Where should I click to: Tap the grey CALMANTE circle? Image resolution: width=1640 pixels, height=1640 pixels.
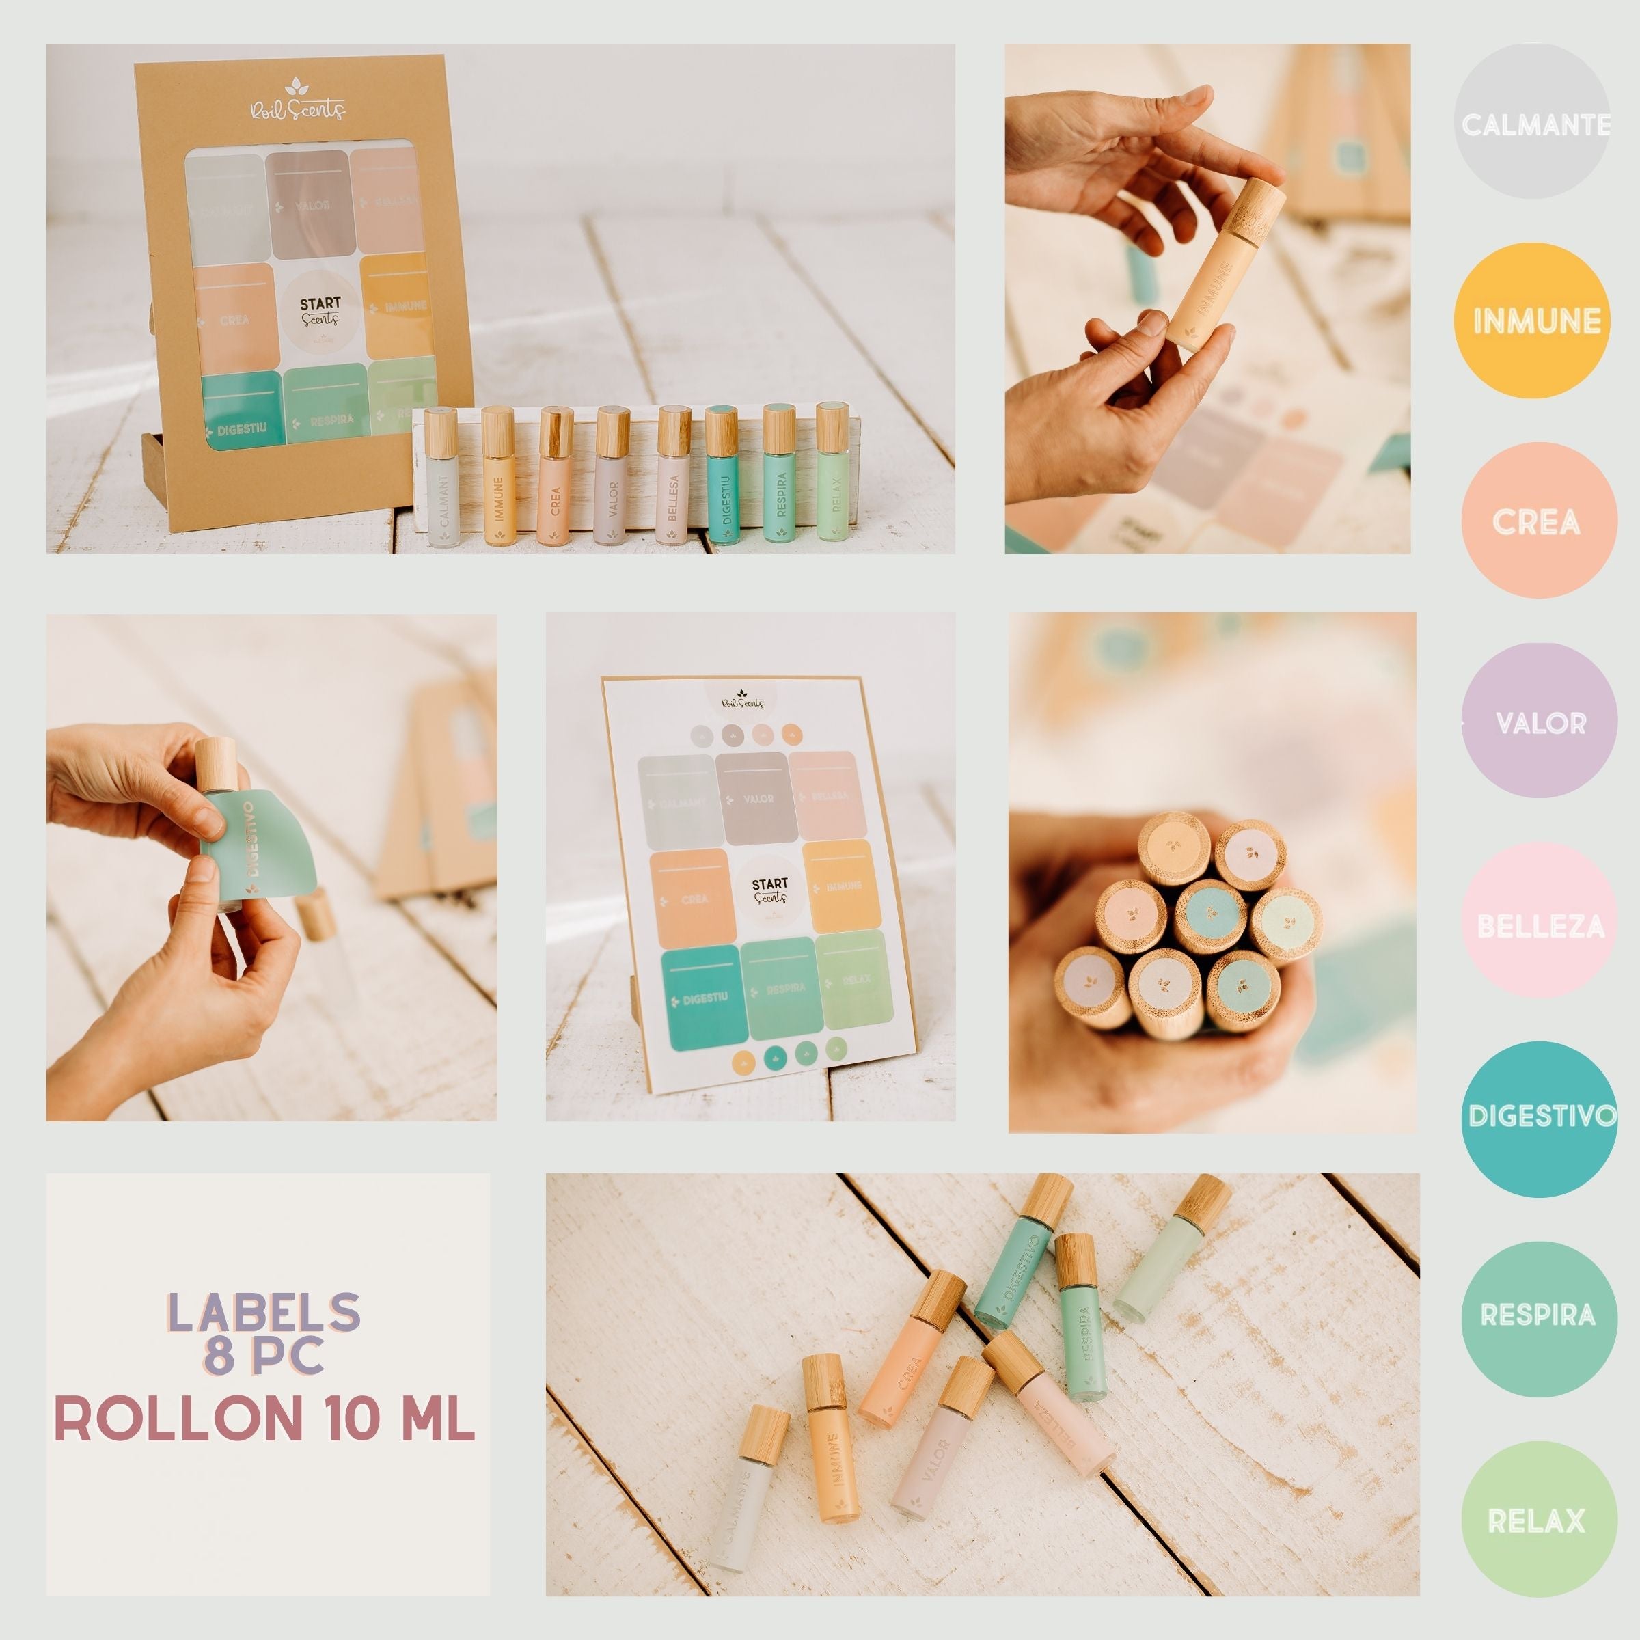click(1535, 123)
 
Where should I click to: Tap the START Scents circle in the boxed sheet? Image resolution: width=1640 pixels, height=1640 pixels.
click(320, 312)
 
